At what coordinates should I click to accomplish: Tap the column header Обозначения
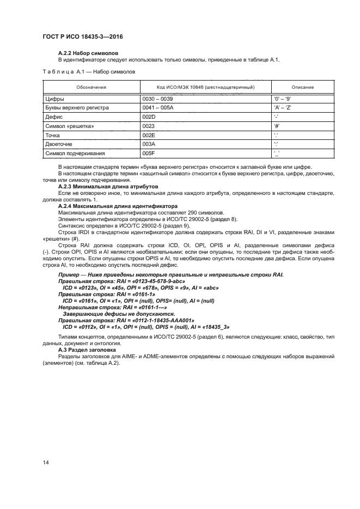point(91,87)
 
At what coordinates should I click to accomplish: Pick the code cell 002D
point(149,117)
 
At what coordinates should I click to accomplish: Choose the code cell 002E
point(149,134)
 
